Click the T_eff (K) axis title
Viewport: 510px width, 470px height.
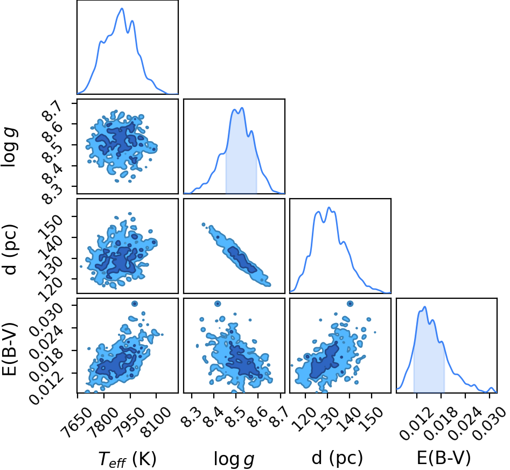[128, 459]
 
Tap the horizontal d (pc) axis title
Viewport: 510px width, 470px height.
[337, 458]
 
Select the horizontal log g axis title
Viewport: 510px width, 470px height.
[234, 459]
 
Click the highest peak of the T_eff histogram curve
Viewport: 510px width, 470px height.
[122, 9]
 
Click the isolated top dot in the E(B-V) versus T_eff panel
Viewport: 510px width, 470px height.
[134, 304]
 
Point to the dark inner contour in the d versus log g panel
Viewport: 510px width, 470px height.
[242, 259]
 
